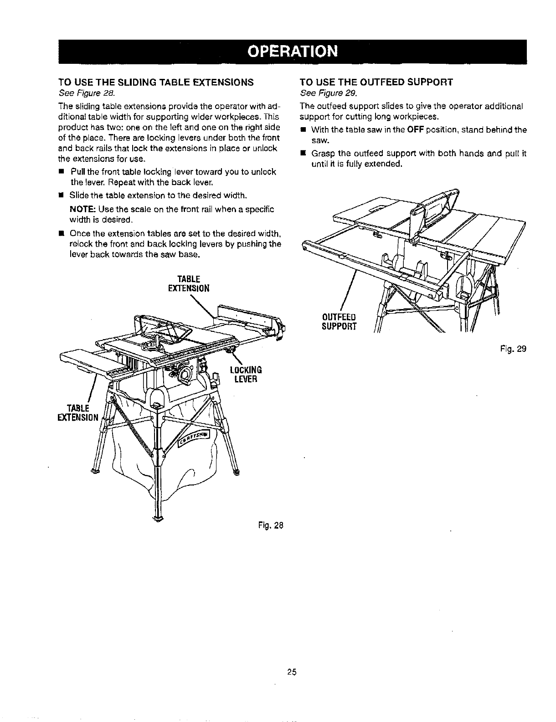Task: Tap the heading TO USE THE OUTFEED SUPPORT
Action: [x=376, y=83]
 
